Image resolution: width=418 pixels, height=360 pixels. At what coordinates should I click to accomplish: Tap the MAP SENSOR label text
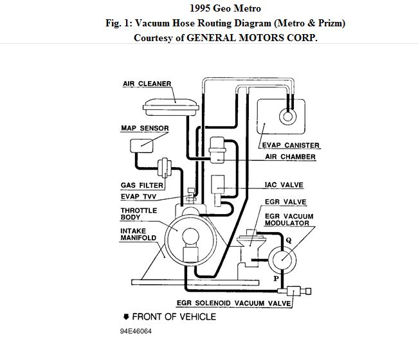145,128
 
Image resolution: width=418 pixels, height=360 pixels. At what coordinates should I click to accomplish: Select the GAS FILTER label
141,185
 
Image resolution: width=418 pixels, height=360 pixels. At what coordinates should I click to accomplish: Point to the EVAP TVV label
138,196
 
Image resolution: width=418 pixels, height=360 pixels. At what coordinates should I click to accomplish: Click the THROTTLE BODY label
138,213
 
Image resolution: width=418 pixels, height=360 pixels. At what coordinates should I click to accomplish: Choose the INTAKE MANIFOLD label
138,233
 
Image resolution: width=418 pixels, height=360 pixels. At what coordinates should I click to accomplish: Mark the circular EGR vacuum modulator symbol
281,259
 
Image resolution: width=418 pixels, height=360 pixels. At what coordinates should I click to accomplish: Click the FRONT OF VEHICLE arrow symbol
127,316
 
